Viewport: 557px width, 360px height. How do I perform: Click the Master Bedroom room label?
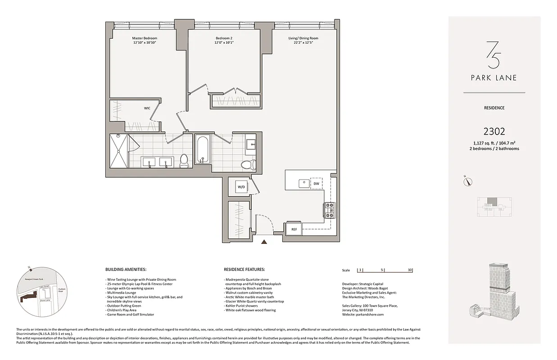(x=145, y=38)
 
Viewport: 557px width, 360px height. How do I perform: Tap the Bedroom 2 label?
(x=224, y=38)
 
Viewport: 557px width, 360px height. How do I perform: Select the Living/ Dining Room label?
(x=303, y=38)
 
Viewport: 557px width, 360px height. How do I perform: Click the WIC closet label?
(x=147, y=108)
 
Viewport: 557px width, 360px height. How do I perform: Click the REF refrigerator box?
(x=294, y=229)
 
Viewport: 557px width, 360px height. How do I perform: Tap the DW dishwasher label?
(x=316, y=184)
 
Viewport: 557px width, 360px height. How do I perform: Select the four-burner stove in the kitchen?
(x=329, y=210)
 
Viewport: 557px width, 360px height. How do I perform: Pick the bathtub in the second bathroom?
(x=202, y=150)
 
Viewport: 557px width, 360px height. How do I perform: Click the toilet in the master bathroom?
(x=184, y=161)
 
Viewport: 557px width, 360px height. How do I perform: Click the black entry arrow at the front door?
(x=264, y=242)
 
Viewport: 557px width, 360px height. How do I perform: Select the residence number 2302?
(x=494, y=131)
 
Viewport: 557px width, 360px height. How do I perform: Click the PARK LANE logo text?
(x=494, y=78)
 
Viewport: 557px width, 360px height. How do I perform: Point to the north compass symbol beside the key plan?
(x=469, y=182)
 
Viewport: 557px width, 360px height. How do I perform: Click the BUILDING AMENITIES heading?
(x=125, y=269)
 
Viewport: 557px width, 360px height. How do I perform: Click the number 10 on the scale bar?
(x=410, y=270)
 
